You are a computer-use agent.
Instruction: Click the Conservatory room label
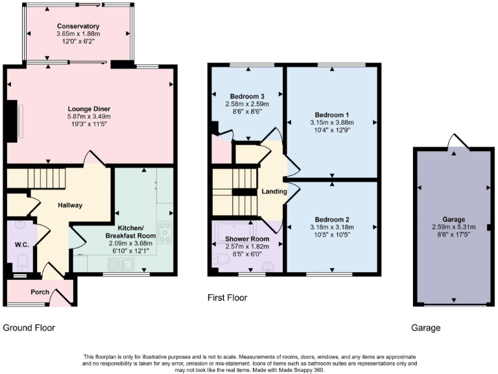pos(78,26)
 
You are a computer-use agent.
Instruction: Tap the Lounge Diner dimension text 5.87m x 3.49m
pos(89,116)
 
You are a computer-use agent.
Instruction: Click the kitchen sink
pos(123,264)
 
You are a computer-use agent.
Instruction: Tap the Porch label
pos(40,292)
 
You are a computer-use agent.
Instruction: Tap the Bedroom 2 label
pos(332,219)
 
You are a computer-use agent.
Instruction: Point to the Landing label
pos(274,192)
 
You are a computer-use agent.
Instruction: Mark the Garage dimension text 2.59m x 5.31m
pos(453,227)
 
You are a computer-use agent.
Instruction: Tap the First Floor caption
pos(227,298)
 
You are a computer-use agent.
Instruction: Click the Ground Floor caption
pos(29,328)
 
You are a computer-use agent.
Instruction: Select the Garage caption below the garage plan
pos(425,328)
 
